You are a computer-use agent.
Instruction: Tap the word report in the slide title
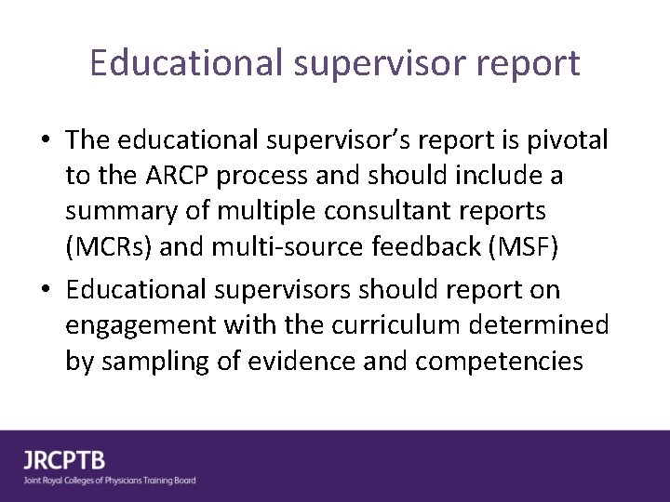529,63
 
